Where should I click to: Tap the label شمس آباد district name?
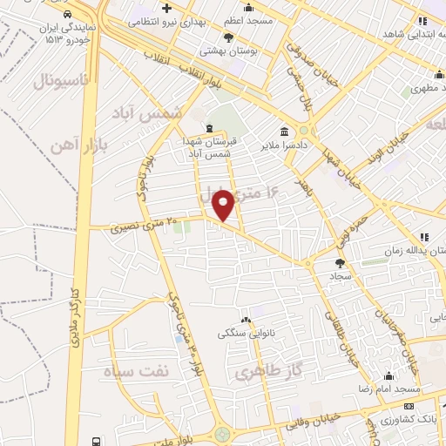pyautogui.click(x=152, y=113)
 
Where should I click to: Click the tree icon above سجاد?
pyautogui.click(x=340, y=261)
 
